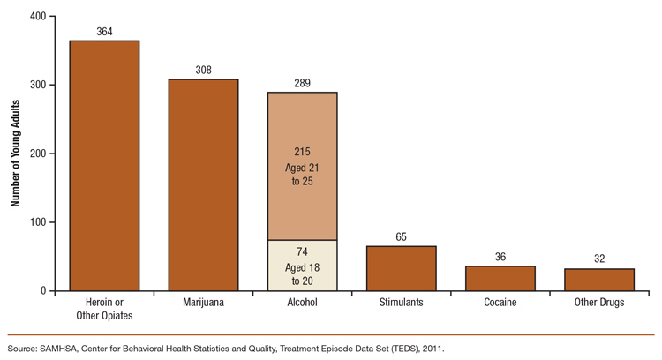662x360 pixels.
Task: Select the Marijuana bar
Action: [x=203, y=185]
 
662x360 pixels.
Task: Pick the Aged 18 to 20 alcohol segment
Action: [x=302, y=266]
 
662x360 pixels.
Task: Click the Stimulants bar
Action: [x=401, y=268]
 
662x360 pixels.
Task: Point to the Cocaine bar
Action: [x=500, y=279]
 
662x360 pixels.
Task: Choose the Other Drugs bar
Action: [x=598, y=280]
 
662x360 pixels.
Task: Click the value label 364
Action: [x=104, y=32]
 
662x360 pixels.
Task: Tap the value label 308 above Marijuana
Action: [x=203, y=71]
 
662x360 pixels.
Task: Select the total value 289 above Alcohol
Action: [x=302, y=83]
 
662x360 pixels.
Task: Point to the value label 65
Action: [x=401, y=237]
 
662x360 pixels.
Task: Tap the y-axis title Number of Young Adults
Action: [x=15, y=154]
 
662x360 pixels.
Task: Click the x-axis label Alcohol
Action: [x=302, y=303]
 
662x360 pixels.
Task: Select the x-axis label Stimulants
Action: [x=401, y=303]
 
